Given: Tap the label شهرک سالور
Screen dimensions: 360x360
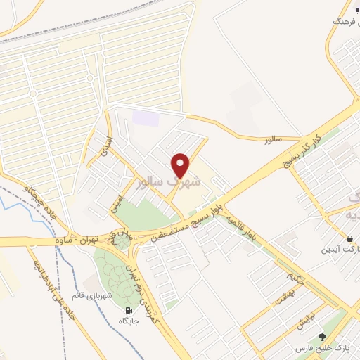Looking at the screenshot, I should pyautogui.click(x=171, y=182).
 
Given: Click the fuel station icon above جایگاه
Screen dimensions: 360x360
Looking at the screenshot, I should pyautogui.click(x=129, y=310).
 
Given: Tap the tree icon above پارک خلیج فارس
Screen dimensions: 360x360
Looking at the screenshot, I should pyautogui.click(x=322, y=337).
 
